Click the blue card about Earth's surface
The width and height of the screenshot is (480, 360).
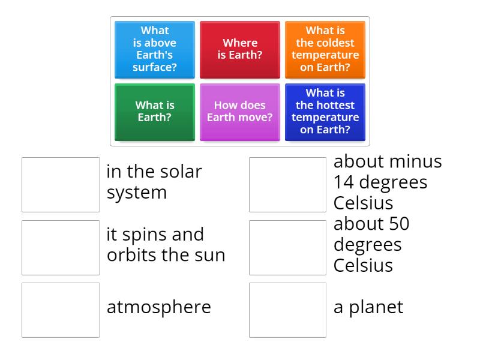click(155, 50)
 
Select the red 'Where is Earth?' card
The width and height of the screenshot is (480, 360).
click(239, 50)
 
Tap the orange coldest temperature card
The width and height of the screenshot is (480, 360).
click(325, 50)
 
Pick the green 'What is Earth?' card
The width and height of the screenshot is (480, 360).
click(155, 112)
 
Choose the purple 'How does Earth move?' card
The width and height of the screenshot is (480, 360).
click(239, 112)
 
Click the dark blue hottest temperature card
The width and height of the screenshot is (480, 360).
click(325, 112)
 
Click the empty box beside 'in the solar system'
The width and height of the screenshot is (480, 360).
click(61, 185)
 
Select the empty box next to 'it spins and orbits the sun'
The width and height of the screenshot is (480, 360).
click(61, 248)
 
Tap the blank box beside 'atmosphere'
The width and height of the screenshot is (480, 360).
click(61, 310)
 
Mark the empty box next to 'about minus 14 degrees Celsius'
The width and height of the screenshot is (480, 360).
click(288, 185)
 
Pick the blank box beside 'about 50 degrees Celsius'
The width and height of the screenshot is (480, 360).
click(288, 248)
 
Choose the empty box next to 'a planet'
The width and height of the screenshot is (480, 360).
click(288, 310)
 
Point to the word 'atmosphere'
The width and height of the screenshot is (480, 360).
click(159, 307)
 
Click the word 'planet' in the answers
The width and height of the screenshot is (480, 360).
click(376, 307)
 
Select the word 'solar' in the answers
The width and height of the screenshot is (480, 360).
click(181, 171)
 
